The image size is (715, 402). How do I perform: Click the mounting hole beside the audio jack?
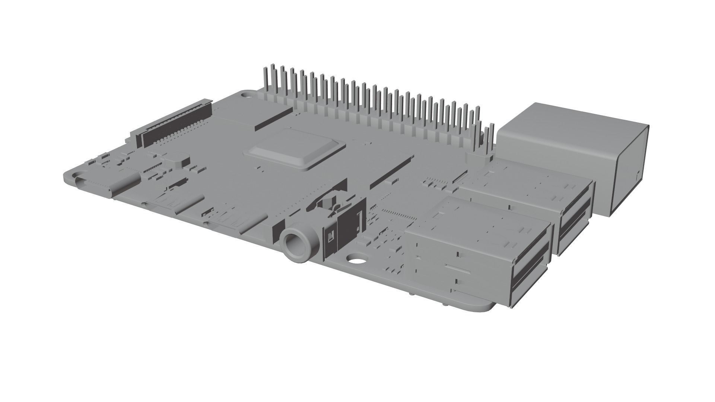coord(356,258)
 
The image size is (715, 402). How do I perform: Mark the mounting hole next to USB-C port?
coord(77,175)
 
